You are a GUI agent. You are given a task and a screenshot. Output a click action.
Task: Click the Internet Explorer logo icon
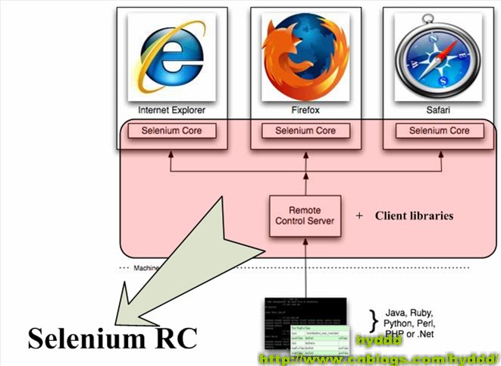click(171, 56)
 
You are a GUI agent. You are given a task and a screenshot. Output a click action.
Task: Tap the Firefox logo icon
click(305, 56)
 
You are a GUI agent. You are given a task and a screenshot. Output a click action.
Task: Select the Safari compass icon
click(440, 58)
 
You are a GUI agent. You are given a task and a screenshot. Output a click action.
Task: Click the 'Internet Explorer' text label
click(171, 110)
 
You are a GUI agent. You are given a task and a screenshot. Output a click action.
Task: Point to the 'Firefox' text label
click(305, 110)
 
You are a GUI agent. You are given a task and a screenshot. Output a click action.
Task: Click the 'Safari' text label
click(440, 110)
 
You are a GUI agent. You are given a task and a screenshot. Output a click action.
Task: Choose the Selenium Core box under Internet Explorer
click(171, 131)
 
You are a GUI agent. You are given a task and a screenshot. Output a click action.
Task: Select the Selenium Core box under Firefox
click(305, 131)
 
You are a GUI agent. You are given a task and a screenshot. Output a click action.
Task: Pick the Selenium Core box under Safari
click(440, 131)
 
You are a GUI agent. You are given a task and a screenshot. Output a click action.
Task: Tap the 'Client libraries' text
click(414, 216)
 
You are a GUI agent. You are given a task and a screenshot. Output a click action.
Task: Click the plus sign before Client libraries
click(359, 216)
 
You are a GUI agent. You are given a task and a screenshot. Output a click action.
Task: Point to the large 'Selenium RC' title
click(112, 339)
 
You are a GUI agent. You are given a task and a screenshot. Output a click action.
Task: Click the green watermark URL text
click(379, 356)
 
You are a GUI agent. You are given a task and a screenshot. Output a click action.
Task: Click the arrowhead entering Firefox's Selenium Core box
click(305, 144)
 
